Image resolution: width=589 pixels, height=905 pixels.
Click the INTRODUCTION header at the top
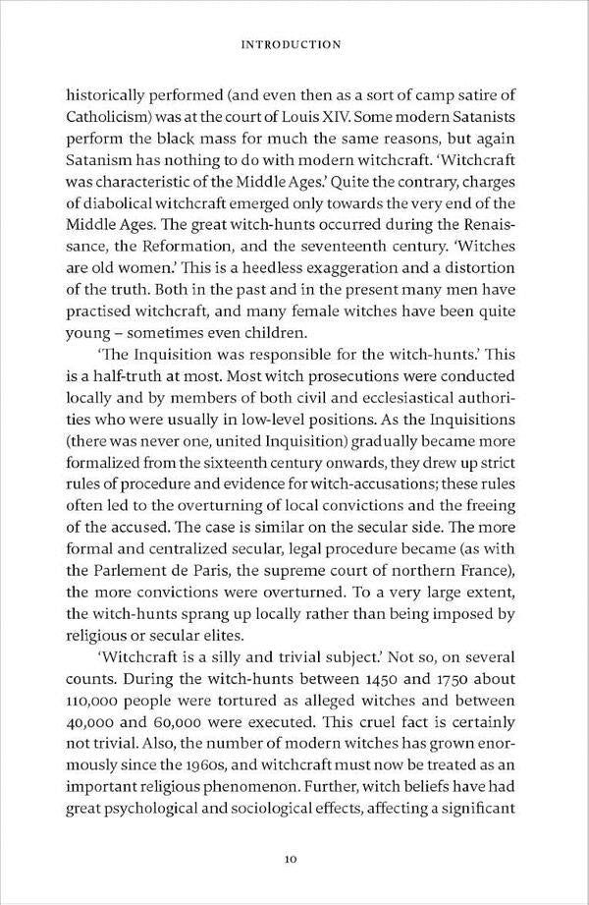pos(294,44)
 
